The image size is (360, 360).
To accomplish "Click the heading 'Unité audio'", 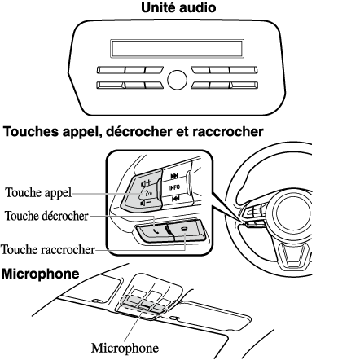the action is coord(178,7).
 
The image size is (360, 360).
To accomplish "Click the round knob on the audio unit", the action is coord(178,80).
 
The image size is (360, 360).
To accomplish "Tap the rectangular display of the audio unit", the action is coord(177,49).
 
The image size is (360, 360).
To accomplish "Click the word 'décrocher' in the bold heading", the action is coord(138,131).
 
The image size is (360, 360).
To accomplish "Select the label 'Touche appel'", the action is coord(38,192).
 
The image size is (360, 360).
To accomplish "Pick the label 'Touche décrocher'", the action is coord(46,216).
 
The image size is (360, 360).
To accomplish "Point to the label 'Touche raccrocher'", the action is coord(48,249).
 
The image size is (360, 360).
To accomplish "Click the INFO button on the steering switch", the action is coord(174,187).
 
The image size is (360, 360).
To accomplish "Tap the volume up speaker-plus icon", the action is coord(147,183).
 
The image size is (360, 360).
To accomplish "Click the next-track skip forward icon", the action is coord(174,176).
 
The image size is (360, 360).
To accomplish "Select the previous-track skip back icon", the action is coord(176,199).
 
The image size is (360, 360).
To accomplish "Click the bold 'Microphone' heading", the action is coord(40,274).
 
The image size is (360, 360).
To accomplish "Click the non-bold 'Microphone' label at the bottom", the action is coord(125,348).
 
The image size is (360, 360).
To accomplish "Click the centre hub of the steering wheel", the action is coord(293,213).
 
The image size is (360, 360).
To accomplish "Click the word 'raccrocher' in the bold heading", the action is coord(228,131).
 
